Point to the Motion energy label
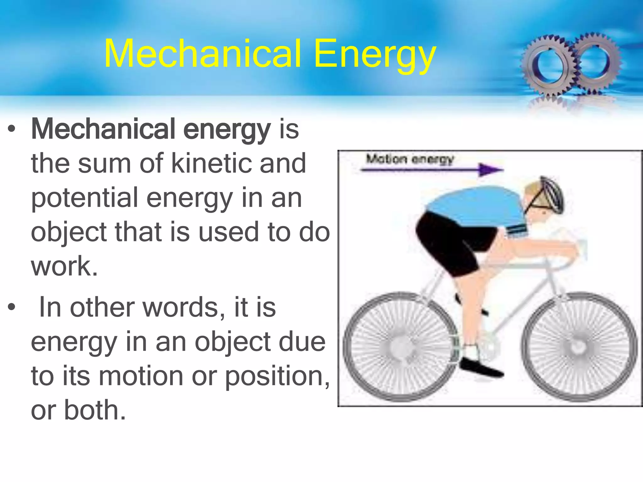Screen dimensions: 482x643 (410, 159)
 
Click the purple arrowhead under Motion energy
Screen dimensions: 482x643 (490, 170)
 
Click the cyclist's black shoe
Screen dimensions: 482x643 (480, 369)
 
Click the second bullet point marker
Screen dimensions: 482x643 (12, 307)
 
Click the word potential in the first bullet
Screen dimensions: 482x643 (84, 198)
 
